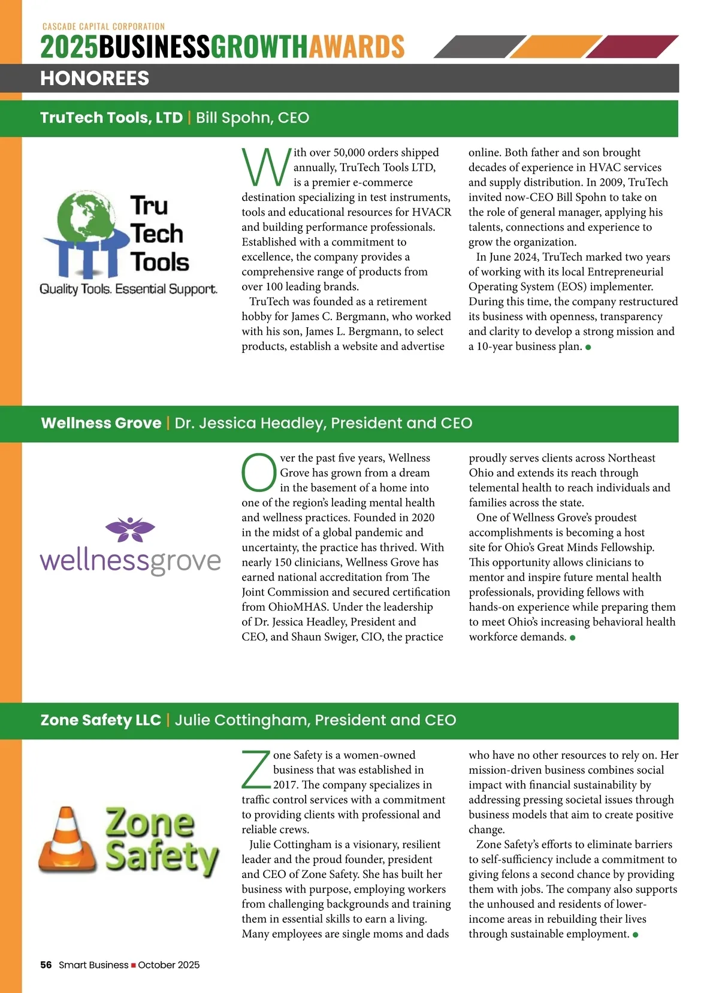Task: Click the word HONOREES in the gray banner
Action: click(x=95, y=79)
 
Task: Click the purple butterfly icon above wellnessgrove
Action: click(x=130, y=529)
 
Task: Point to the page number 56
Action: click(x=46, y=965)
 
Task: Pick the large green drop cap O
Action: click(x=259, y=472)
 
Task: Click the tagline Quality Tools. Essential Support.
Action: click(x=128, y=289)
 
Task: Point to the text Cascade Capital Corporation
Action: click(x=104, y=26)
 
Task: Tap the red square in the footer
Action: click(x=134, y=965)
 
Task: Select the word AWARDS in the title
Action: click(x=357, y=47)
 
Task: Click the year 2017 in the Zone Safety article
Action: click(x=286, y=785)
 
